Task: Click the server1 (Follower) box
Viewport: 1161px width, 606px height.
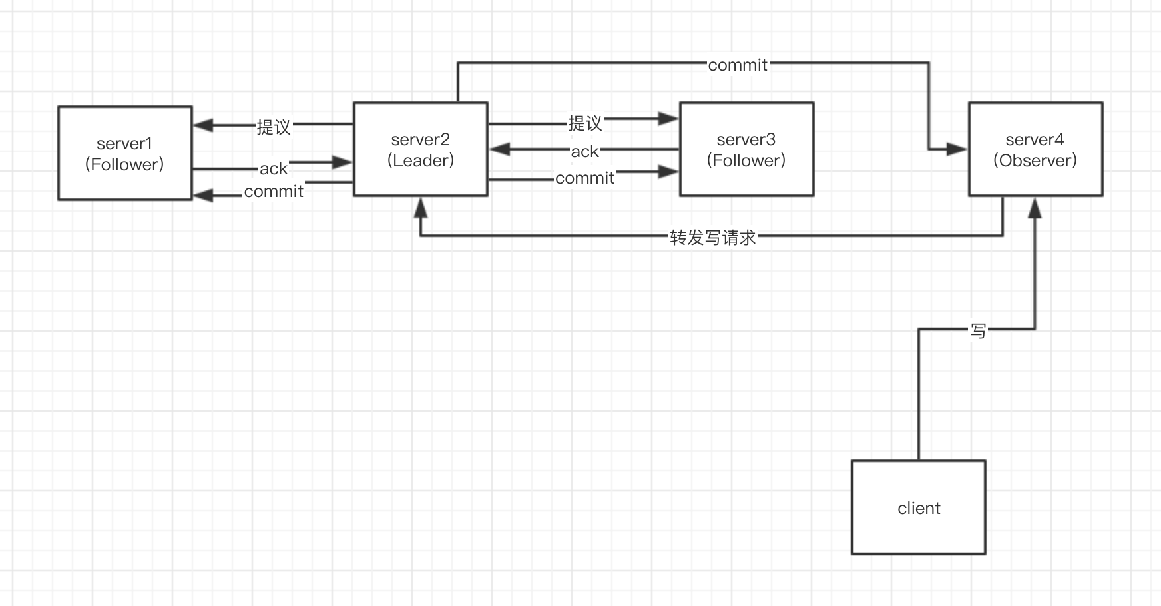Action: (124, 153)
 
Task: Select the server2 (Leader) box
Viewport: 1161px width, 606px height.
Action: (420, 149)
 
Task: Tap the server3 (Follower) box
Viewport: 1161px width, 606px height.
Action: (746, 149)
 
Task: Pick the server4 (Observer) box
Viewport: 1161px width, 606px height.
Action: (1035, 149)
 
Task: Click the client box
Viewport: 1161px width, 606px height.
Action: (918, 507)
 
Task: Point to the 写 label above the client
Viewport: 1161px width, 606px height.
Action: (978, 330)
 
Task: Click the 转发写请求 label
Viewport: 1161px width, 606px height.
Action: (712, 238)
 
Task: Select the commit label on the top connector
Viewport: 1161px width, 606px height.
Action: (737, 65)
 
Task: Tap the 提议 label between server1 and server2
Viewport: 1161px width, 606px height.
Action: (274, 127)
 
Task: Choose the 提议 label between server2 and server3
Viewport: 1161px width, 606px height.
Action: (584, 123)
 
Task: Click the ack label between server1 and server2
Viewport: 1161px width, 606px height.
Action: (274, 168)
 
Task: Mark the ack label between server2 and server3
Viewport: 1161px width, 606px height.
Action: (584, 152)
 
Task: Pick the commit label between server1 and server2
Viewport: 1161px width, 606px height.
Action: (274, 192)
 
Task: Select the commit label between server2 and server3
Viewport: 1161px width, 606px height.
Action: (584, 178)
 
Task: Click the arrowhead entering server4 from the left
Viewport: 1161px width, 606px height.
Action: (957, 149)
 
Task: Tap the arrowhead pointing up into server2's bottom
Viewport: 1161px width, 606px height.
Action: (420, 208)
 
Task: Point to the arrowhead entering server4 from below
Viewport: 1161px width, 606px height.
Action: (1035, 208)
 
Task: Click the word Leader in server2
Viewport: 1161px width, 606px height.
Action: (421, 160)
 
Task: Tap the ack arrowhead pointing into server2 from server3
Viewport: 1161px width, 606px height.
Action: (500, 149)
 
